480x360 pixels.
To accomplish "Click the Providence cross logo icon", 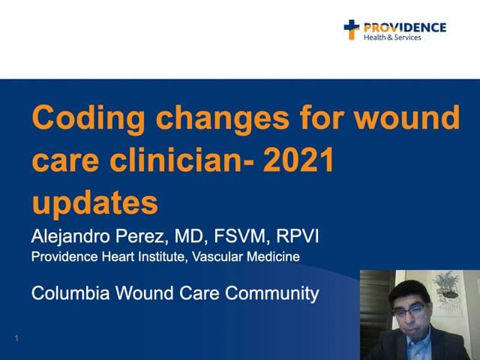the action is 352,30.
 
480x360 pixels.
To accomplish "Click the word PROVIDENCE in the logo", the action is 405,28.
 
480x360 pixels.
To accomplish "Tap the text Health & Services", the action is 392,37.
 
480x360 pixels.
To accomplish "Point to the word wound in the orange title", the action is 406,118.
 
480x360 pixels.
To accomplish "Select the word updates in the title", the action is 95,203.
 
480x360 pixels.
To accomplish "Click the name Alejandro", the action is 70,237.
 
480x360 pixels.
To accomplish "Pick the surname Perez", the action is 142,236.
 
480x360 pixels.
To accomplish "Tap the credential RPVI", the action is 297,236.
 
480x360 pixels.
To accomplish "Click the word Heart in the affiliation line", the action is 118,256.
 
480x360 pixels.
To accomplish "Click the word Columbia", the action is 70,293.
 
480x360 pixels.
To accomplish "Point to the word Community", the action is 271,293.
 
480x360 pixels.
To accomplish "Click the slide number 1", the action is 16,338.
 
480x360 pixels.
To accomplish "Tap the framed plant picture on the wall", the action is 447,293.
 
